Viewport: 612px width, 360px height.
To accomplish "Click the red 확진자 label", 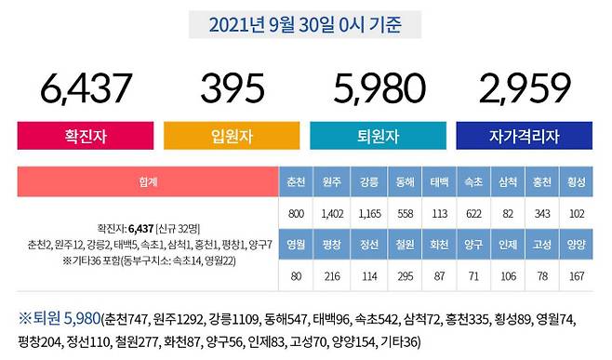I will click(85, 136).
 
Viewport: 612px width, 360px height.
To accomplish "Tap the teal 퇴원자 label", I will click(379, 136).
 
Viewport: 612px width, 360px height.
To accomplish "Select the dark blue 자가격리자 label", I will click(525, 136).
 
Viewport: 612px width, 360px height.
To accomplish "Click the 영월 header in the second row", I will click(297, 246).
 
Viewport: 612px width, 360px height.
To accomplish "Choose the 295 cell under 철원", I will click(403, 276).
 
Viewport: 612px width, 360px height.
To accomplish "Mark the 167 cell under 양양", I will click(577, 276).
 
